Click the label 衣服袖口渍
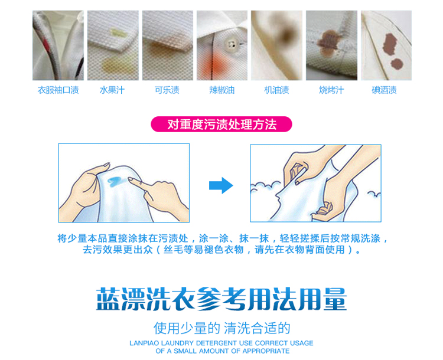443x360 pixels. (58, 90)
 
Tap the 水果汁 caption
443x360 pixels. (112, 90)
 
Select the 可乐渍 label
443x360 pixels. (167, 90)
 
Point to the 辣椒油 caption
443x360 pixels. (221, 90)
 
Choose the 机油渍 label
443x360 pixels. (276, 90)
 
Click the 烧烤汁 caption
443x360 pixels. (331, 90)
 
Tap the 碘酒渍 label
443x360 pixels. (385, 90)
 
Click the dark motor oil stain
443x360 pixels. (286, 35)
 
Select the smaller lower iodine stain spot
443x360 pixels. (397, 64)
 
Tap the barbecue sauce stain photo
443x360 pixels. (331, 45)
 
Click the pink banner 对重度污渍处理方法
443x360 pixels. (221, 125)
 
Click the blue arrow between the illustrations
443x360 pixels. (221, 185)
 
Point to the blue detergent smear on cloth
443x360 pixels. (115, 182)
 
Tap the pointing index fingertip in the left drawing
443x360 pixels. (131, 179)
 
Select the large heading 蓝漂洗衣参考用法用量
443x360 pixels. (221, 299)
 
